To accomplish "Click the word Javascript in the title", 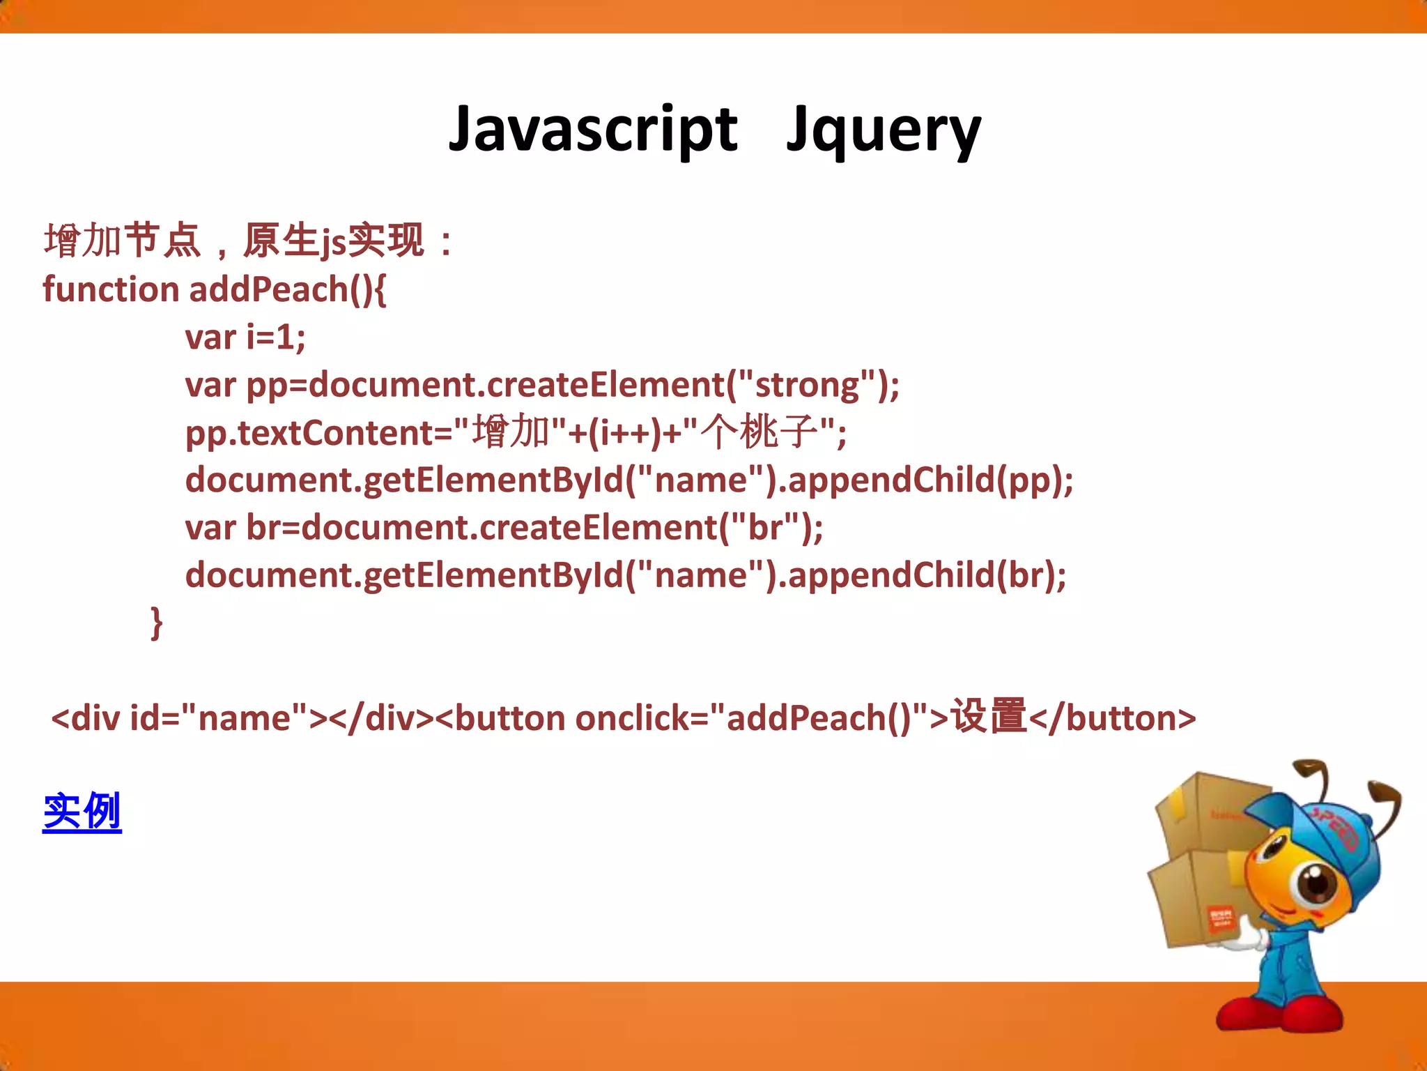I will click(x=592, y=130).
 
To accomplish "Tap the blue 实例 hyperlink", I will click(x=82, y=812).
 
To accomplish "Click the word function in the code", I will click(x=111, y=289).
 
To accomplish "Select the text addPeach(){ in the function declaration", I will click(x=288, y=289).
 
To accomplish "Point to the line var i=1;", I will click(x=245, y=337).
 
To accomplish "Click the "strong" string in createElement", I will click(x=807, y=385).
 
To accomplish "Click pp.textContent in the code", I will click(x=309, y=433).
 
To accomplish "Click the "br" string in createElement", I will click(x=765, y=528).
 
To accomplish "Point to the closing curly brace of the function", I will click(x=157, y=622).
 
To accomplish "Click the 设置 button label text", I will click(x=989, y=717).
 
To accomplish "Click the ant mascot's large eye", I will click(x=1316, y=883).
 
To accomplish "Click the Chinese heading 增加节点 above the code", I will click(x=123, y=241).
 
